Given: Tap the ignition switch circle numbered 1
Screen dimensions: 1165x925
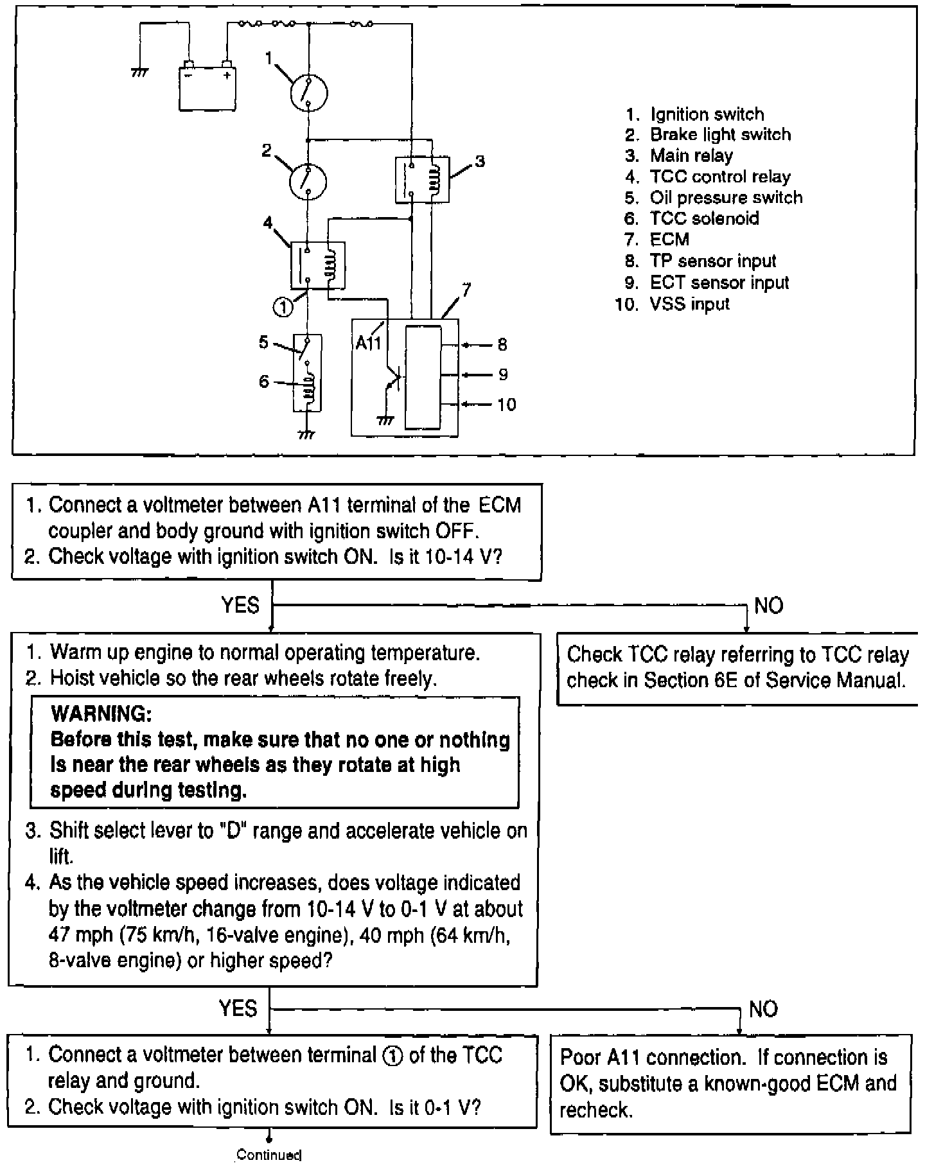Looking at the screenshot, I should click(308, 92).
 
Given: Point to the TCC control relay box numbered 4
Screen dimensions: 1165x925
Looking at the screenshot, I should click(317, 265).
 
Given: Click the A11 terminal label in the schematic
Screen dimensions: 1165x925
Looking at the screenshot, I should click(368, 344).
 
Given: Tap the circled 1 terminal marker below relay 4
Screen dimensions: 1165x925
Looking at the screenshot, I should click(283, 308).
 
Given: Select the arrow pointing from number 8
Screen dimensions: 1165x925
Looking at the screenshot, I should click(477, 346).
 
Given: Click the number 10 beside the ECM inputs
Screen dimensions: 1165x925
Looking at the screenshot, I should click(506, 405).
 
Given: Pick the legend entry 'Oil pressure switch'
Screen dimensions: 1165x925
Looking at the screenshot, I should click(726, 197).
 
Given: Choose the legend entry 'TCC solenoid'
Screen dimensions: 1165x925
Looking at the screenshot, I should click(704, 218).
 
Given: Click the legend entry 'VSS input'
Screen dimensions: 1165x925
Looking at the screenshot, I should click(689, 304).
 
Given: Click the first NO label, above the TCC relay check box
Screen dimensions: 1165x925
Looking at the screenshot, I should click(768, 606).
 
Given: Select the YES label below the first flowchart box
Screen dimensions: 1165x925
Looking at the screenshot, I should click(240, 605).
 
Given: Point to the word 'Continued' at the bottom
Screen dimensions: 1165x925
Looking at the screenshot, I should click(269, 1155).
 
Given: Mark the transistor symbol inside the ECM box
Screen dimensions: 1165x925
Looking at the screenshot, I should click(392, 381).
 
